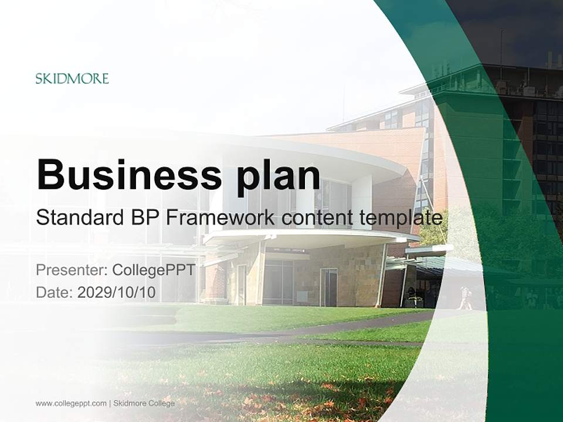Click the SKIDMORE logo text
(x=72, y=79)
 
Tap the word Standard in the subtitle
(x=75, y=218)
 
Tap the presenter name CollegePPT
(x=153, y=270)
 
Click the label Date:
(x=55, y=292)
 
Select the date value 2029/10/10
(x=117, y=292)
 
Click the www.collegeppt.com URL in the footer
(x=71, y=403)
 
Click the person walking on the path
(x=465, y=298)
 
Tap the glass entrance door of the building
(x=328, y=287)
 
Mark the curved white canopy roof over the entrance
(x=311, y=237)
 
